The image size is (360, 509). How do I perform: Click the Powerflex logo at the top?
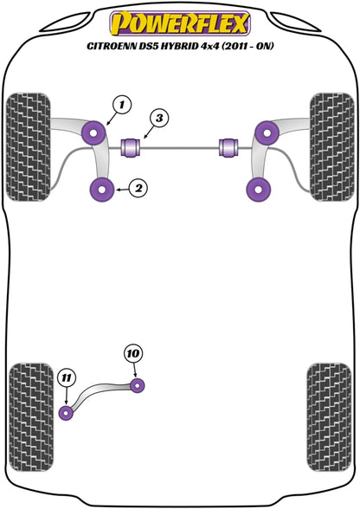pyautogui.click(x=180, y=21)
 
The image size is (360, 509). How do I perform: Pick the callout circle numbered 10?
pyautogui.click(x=132, y=354)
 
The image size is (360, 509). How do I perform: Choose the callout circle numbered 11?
pyautogui.click(x=66, y=377)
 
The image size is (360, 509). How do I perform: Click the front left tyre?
pyautogui.click(x=28, y=144)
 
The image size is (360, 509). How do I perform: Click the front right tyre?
pyautogui.click(x=331, y=144)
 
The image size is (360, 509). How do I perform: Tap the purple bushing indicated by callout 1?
pyautogui.click(x=93, y=132)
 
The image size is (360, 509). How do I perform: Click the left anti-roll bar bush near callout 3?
pyautogui.click(x=132, y=145)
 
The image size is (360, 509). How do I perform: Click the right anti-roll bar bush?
pyautogui.click(x=230, y=145)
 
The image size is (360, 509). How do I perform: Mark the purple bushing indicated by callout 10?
pyautogui.click(x=138, y=383)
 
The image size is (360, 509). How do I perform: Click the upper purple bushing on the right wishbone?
pyautogui.click(x=265, y=132)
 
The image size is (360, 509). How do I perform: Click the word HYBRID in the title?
pyautogui.click(x=179, y=46)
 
